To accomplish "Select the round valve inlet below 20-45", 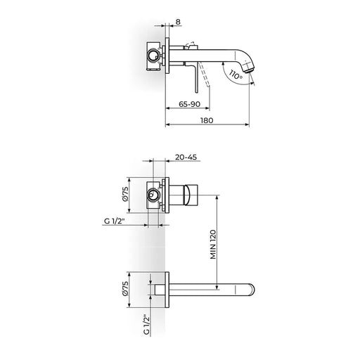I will coord(153,195).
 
